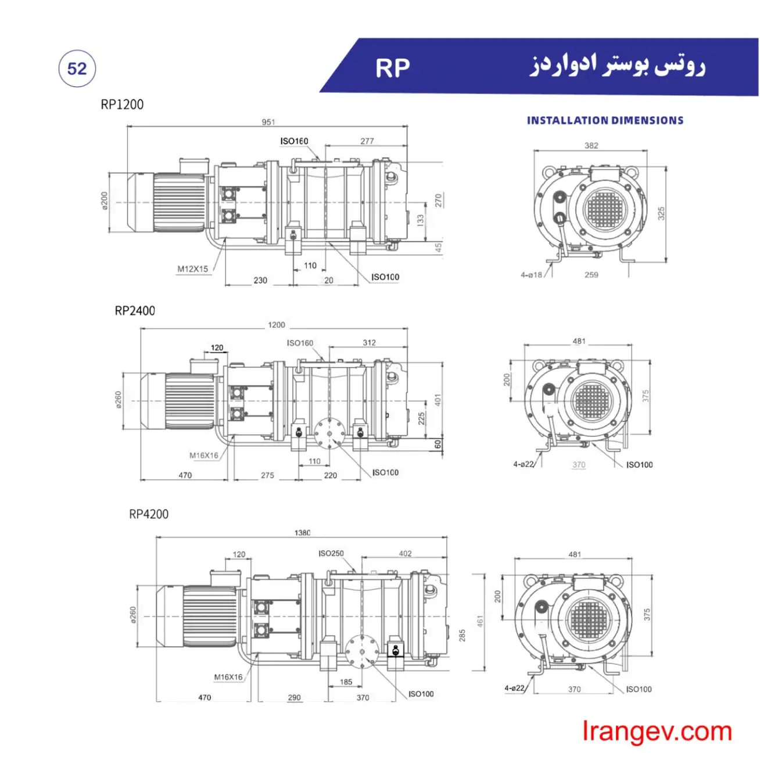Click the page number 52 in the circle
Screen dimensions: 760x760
[77, 69]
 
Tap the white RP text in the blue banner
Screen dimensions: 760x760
[392, 69]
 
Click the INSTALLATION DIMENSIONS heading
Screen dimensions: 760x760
[605, 120]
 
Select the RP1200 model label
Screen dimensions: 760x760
[122, 105]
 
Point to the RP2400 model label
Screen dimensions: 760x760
[135, 311]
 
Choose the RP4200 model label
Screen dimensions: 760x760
[149, 514]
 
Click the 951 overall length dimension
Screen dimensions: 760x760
[268, 122]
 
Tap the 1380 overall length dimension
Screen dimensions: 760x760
[302, 533]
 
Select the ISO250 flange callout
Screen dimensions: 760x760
[331, 554]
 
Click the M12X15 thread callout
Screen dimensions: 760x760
[192, 269]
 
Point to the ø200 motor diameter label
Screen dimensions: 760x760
[105, 201]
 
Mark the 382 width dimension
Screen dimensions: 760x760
[591, 146]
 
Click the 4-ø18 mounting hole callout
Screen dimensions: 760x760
[531, 275]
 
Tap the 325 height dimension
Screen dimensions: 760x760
[661, 213]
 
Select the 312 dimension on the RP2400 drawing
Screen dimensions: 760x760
[370, 343]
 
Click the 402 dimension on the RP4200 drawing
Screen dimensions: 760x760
[405, 554]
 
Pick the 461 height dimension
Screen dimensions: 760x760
[480, 622]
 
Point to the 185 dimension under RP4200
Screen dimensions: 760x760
[346, 682]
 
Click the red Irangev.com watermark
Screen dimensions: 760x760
[657, 732]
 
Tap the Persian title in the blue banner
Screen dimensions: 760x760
[618, 66]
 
